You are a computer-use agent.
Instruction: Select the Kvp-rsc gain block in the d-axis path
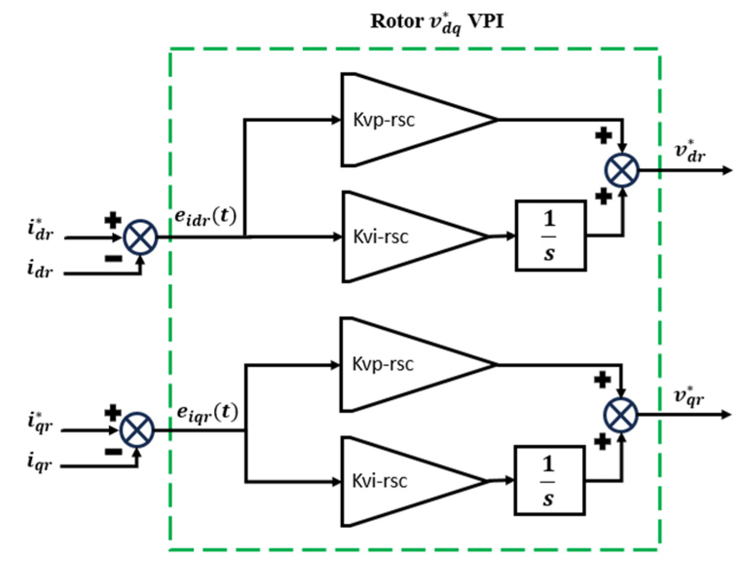(399, 120)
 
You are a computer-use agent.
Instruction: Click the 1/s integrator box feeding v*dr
(550, 236)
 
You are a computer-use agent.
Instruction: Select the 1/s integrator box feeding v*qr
(549, 481)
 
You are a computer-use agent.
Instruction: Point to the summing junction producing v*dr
(621, 170)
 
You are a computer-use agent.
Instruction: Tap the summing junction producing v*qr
(621, 415)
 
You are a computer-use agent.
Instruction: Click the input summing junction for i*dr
(141, 237)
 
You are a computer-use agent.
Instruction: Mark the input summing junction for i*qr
(137, 430)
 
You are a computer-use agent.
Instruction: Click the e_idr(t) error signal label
(205, 217)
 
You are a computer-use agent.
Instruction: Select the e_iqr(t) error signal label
(207, 413)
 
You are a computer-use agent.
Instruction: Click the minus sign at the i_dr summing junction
(113, 258)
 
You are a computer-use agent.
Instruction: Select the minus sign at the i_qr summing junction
(113, 452)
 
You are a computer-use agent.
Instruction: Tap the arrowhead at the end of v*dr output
(727, 170)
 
